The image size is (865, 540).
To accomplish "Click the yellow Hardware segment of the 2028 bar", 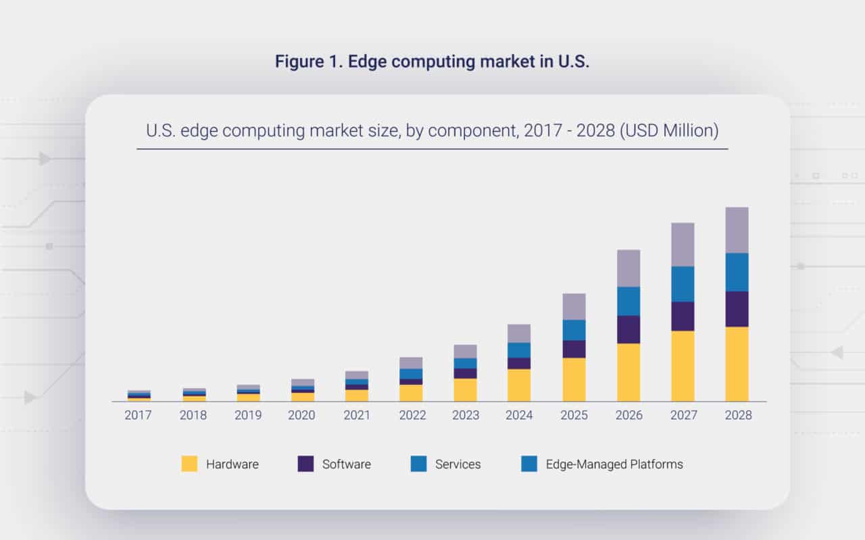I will (x=737, y=364).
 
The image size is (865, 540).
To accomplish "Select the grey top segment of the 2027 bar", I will (x=683, y=244).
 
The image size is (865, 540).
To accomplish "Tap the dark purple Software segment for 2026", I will (x=628, y=329).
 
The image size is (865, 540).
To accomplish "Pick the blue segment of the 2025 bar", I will (x=574, y=330).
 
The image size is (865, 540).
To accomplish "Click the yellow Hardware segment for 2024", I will (x=519, y=385).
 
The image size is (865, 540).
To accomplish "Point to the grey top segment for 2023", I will (x=465, y=351).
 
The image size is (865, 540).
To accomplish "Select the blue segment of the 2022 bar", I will (x=411, y=374).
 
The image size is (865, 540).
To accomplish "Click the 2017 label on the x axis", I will (x=139, y=415).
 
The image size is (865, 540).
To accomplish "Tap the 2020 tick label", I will (x=301, y=415).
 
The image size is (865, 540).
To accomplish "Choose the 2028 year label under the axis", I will (x=737, y=415).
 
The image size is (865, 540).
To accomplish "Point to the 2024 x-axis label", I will (x=519, y=415).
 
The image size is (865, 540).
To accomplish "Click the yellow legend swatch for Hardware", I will (x=190, y=464).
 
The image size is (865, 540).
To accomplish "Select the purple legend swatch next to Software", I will (x=305, y=464).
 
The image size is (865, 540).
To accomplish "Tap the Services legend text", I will (x=458, y=464).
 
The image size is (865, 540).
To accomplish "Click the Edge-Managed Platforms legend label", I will (x=614, y=464).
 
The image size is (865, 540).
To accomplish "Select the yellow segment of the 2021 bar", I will (x=356, y=395).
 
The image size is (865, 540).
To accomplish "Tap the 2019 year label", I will (x=247, y=415).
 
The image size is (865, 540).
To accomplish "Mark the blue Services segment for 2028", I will (x=737, y=272).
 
